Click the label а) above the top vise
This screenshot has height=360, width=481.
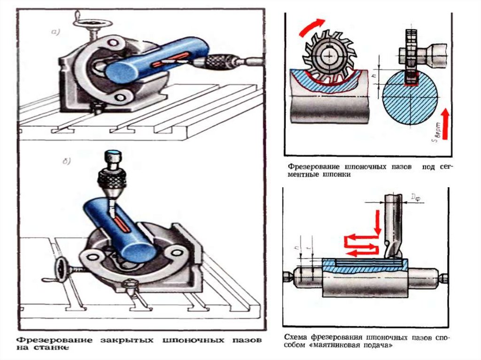tap(55, 32)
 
